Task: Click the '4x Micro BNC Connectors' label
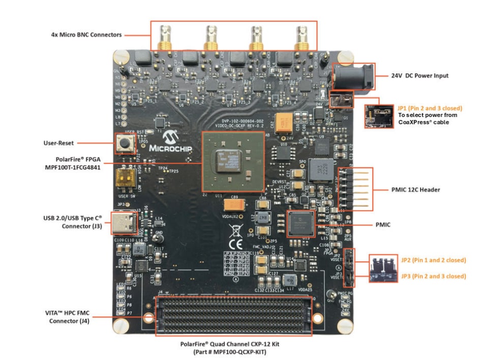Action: coord(86,35)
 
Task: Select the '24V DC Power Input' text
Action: coord(419,76)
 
